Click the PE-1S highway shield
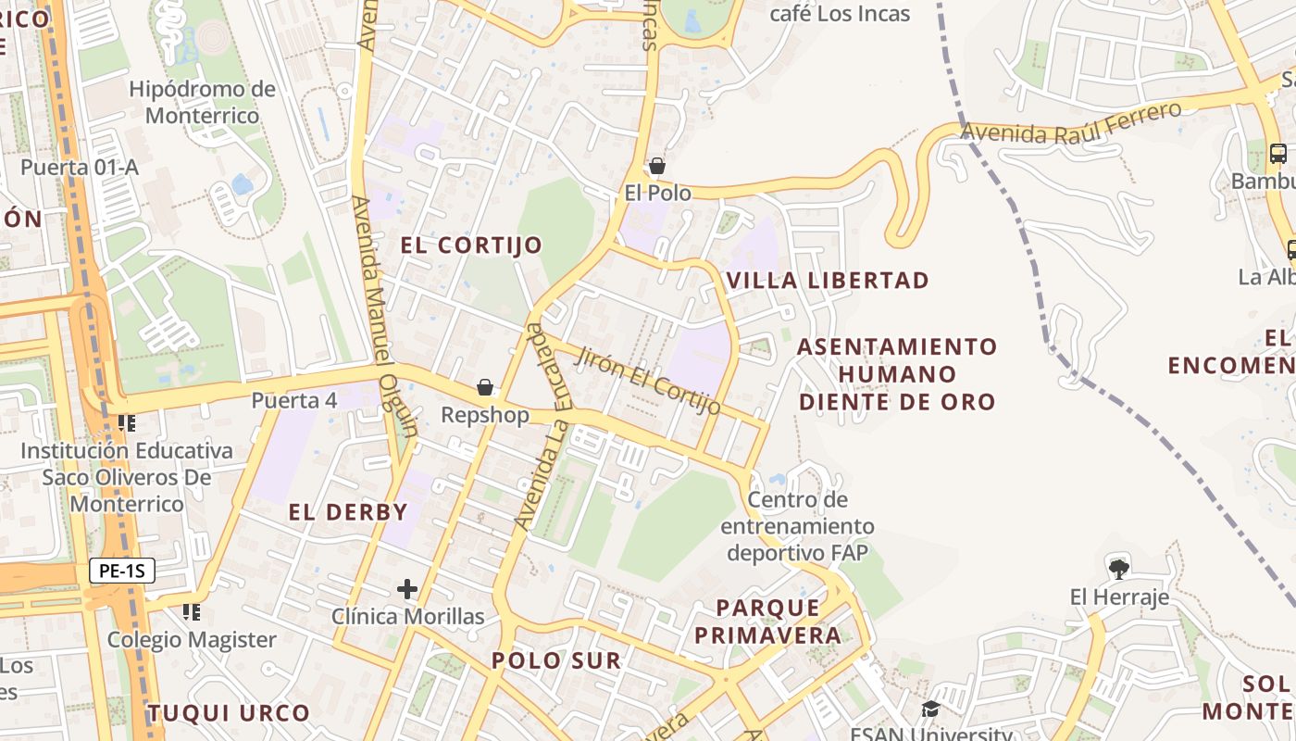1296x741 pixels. (x=121, y=571)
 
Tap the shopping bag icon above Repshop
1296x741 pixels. (x=485, y=387)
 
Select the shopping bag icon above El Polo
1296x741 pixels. (x=657, y=167)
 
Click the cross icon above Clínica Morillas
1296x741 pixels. (x=407, y=589)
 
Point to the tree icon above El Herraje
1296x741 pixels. (x=1118, y=569)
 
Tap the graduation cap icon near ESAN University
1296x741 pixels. (x=930, y=710)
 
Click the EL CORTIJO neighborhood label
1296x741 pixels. (x=471, y=245)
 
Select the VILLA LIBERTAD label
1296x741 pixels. (x=828, y=281)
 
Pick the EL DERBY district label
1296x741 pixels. (x=348, y=512)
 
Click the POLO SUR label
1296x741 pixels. (x=556, y=660)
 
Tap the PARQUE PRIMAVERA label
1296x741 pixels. (x=768, y=622)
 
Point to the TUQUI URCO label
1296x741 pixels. (x=229, y=713)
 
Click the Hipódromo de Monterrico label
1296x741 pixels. (x=202, y=103)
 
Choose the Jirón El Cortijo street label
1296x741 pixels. (x=649, y=381)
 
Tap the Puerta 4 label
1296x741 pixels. (x=294, y=401)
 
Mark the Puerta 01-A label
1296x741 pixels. (x=80, y=168)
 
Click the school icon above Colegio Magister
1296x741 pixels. (x=191, y=612)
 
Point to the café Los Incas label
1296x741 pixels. (x=841, y=14)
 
